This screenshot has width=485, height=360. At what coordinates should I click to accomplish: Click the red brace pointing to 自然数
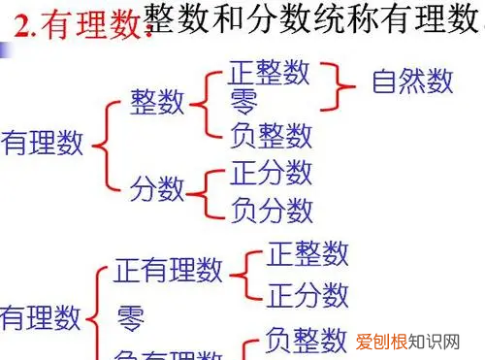(335, 82)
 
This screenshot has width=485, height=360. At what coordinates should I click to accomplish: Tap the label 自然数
(412, 82)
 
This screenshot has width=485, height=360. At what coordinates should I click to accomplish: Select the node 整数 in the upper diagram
(158, 102)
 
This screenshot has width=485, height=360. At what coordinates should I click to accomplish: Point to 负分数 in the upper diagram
(272, 209)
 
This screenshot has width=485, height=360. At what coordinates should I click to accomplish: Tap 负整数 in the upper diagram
(272, 134)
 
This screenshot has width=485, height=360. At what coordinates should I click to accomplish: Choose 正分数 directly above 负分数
(272, 173)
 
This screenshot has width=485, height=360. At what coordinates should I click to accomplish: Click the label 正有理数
(168, 271)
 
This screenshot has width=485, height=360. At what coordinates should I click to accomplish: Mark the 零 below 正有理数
(131, 318)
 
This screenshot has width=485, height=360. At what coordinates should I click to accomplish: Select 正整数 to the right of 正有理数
(307, 255)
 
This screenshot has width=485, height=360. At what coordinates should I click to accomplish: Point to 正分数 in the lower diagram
(307, 293)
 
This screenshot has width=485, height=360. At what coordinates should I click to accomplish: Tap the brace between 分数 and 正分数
(210, 190)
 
